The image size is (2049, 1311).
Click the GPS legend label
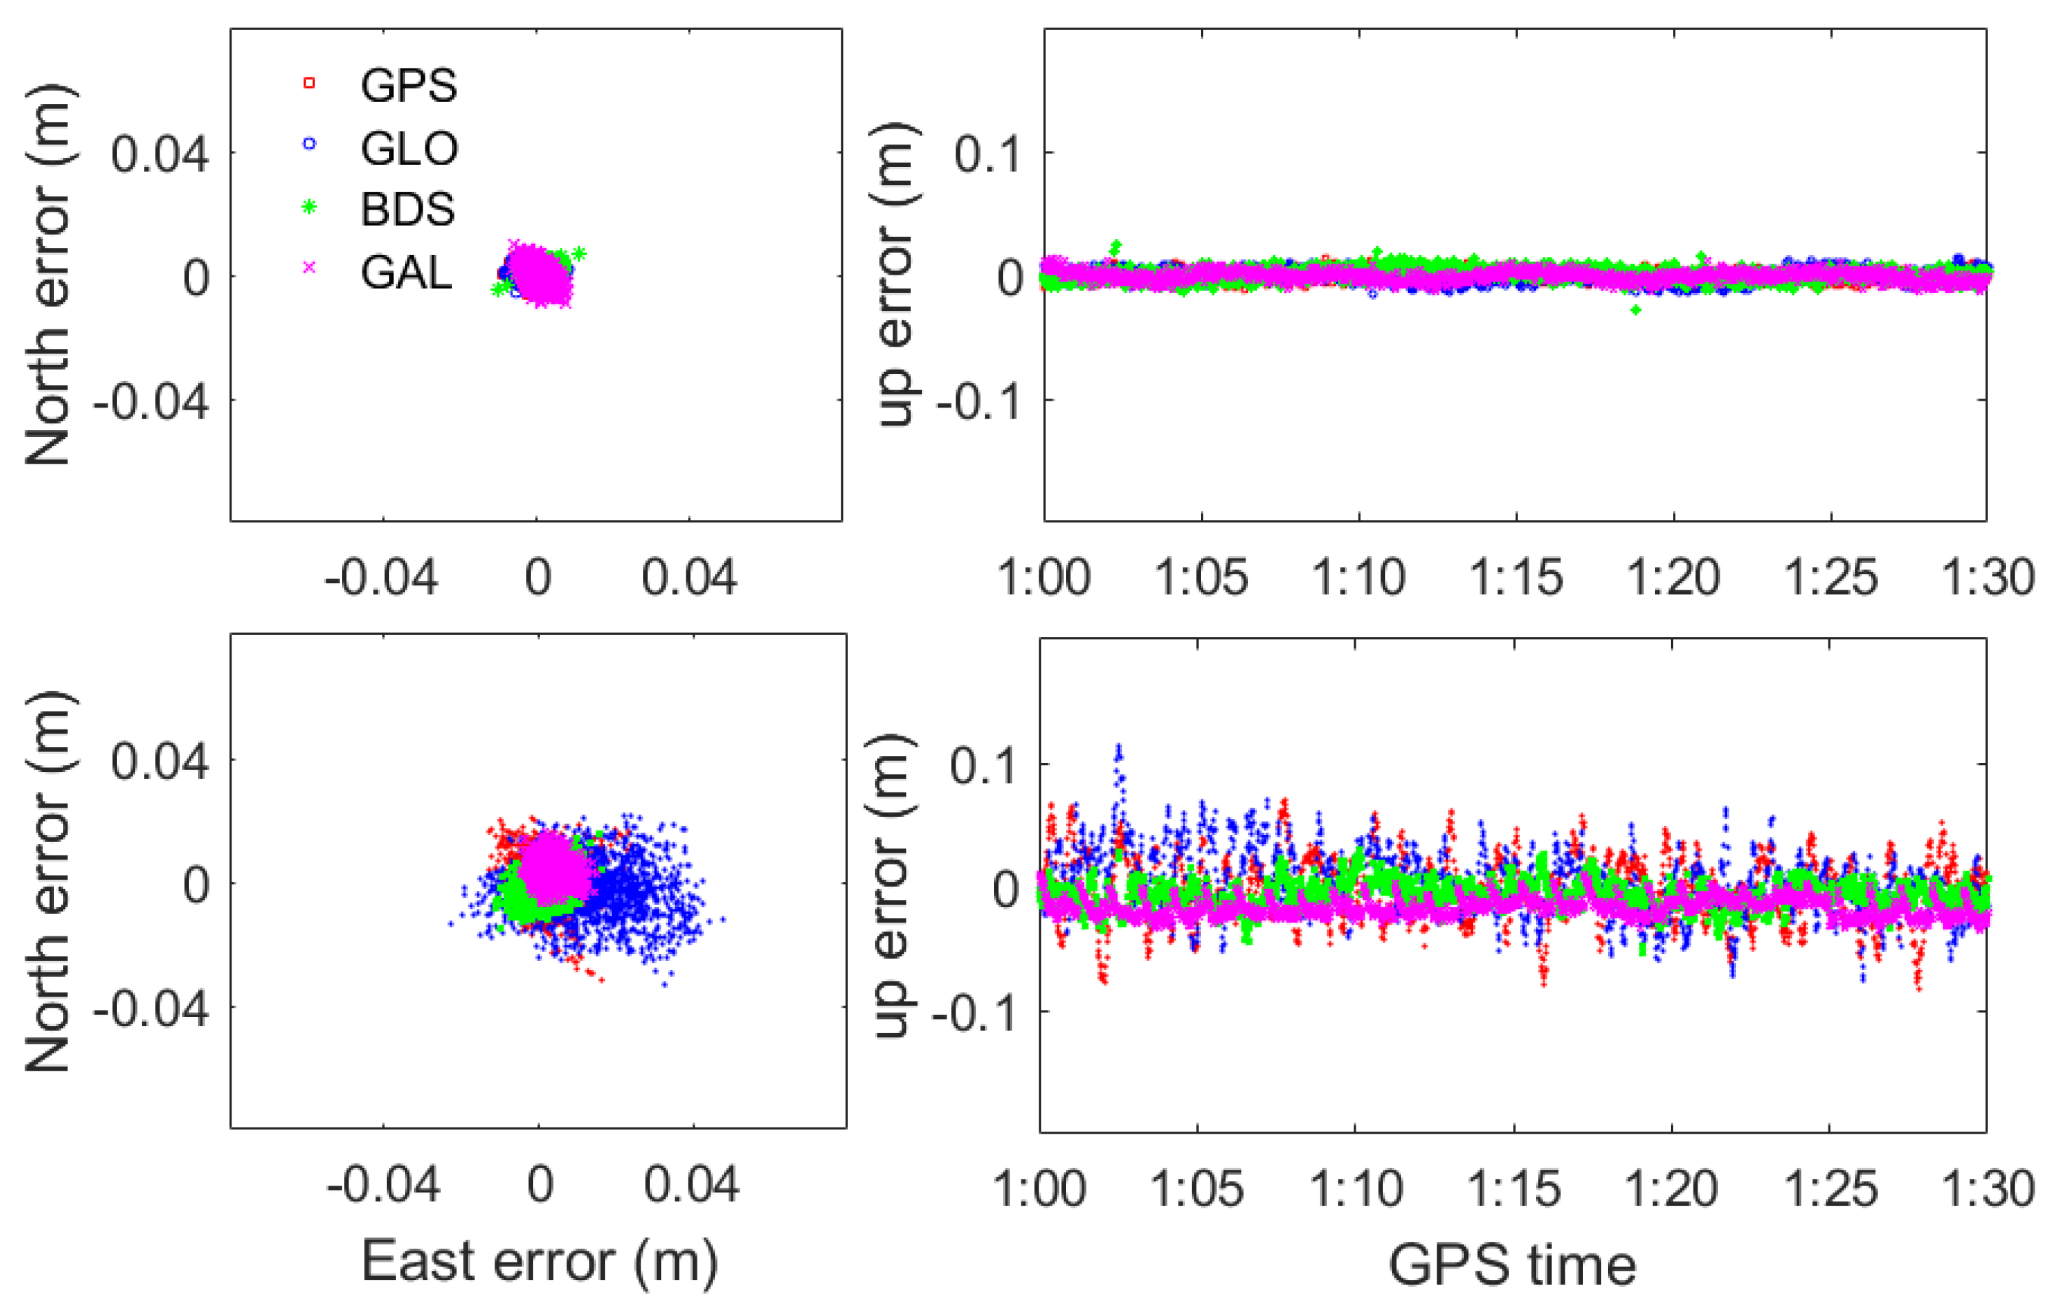click(408, 85)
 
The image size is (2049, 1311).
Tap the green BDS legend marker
click(310, 207)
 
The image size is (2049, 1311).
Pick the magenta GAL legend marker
click(310, 267)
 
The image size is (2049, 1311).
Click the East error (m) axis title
click(540, 1261)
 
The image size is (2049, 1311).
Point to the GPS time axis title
click(1512, 1266)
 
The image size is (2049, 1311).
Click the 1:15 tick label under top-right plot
click(1516, 578)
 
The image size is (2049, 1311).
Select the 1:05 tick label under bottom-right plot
click(1197, 1188)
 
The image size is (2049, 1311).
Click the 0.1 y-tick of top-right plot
click(986, 155)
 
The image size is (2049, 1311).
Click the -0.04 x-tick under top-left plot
click(382, 578)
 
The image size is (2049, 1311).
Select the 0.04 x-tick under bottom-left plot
click(691, 1184)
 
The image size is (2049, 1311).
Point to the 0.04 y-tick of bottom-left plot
click(159, 760)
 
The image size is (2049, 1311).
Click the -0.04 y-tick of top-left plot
click(151, 401)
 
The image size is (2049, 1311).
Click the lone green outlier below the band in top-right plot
click(1635, 310)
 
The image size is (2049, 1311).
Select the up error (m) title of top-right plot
click(895, 274)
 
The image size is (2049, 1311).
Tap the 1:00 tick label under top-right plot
click(1043, 578)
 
